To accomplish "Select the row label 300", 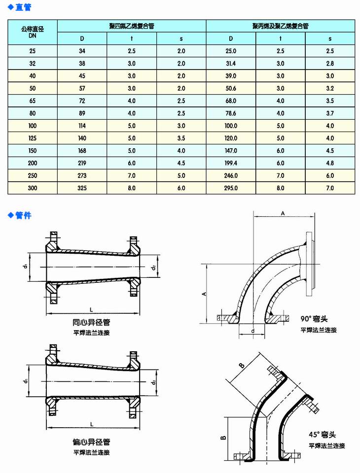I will point(33,188).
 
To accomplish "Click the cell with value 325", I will point(82,188).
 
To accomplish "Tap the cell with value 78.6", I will point(230,113).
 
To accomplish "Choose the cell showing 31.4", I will point(230,63).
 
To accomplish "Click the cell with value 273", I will point(82,175).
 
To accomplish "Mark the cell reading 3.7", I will point(330,113).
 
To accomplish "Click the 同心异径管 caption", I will point(92,323).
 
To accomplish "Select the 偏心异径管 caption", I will point(92,442).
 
